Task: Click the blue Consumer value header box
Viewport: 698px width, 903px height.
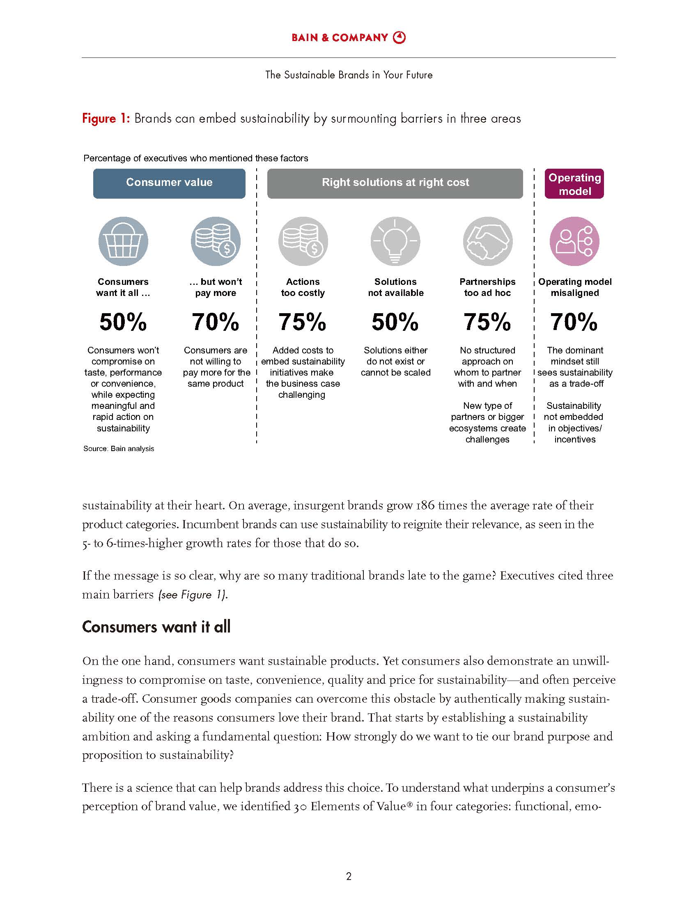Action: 169,183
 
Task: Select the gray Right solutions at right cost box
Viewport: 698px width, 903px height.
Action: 395,183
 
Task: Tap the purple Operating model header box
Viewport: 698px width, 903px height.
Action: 574,184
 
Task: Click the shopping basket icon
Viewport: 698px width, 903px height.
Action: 123,241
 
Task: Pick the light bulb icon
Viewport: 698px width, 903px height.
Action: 395,241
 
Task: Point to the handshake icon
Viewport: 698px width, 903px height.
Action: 487,241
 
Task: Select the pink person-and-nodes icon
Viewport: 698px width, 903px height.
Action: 574,241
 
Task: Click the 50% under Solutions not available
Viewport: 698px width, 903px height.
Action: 395,322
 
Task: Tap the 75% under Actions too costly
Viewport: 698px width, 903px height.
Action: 302,322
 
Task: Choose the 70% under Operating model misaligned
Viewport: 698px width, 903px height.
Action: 574,322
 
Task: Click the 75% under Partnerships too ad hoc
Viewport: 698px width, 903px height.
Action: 487,322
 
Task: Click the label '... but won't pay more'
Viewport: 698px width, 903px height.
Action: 216,287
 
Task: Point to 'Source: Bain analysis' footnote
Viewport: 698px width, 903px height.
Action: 119,449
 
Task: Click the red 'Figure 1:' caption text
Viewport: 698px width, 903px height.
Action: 106,119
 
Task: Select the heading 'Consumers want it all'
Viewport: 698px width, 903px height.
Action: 156,627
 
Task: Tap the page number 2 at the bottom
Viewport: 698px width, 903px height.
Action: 349,876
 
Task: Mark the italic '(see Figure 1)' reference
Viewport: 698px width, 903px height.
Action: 193,595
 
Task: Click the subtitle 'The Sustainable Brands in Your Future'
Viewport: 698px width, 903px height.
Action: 349,75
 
